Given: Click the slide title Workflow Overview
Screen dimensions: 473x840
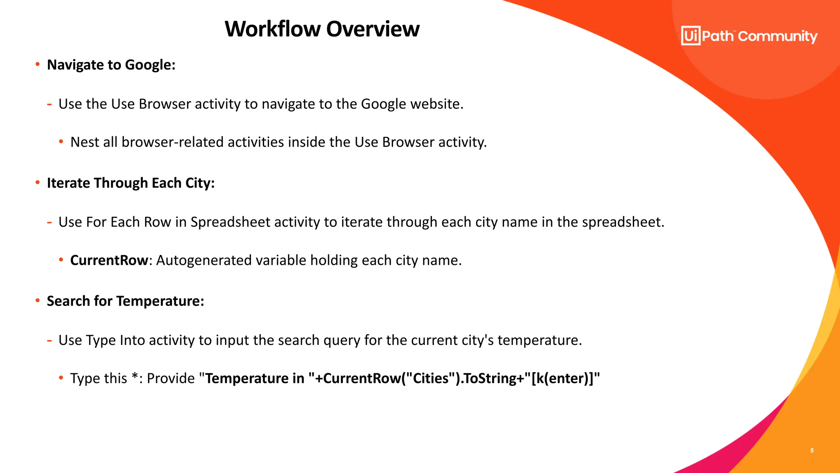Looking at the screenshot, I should pyautogui.click(x=322, y=29).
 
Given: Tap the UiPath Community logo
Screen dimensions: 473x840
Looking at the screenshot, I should pyautogui.click(x=749, y=36).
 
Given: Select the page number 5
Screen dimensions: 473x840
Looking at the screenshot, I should pyautogui.click(x=812, y=450).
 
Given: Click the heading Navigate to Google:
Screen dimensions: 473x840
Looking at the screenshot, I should pyautogui.click(x=111, y=65).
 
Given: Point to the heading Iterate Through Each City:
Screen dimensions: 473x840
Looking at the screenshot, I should pyautogui.click(x=131, y=183).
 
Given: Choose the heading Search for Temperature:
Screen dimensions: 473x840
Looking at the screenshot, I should pyautogui.click(x=125, y=301).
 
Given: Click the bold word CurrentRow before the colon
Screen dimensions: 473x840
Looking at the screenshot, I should pyautogui.click(x=109, y=260).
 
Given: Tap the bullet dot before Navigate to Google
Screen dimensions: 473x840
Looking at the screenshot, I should pyautogui.click(x=38, y=64).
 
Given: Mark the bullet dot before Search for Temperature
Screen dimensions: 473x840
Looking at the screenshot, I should pyautogui.click(x=38, y=301).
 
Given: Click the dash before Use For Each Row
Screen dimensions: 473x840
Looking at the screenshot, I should pyautogui.click(x=49, y=223).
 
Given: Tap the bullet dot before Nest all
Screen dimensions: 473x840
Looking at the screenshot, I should pyautogui.click(x=61, y=142).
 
